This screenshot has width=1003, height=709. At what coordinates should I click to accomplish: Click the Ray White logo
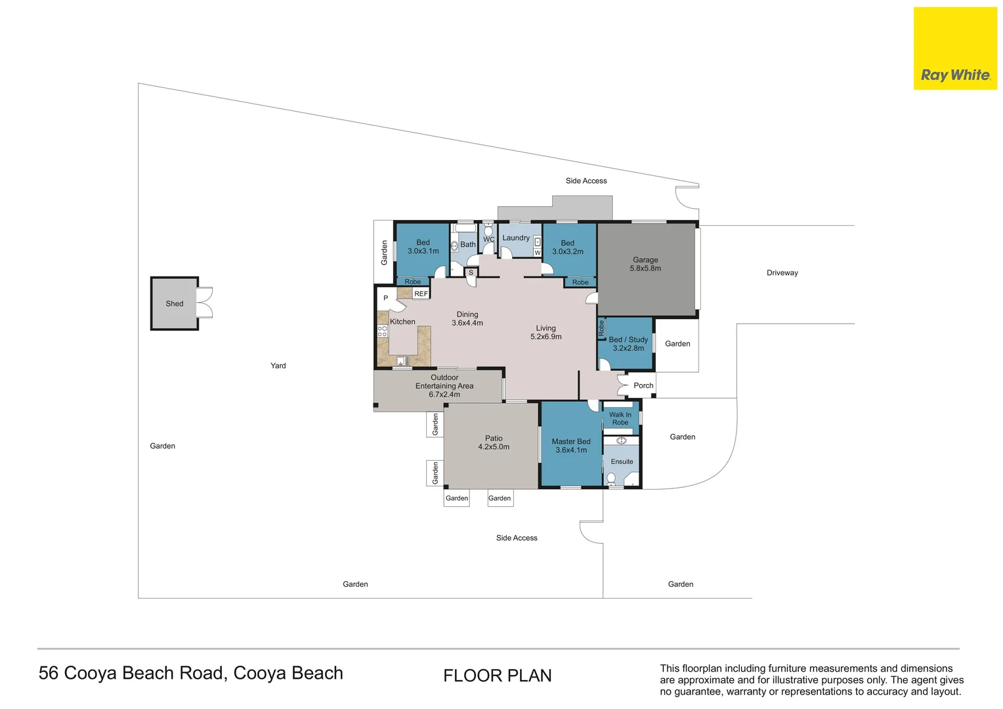(x=955, y=49)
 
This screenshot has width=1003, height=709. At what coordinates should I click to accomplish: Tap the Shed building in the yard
(x=175, y=303)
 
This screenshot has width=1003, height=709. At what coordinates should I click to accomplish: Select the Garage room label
(x=645, y=264)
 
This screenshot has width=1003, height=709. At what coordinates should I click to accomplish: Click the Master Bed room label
(x=571, y=446)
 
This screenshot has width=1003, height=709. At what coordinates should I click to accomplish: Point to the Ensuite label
(x=622, y=462)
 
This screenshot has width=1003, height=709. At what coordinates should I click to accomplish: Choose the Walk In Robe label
(x=620, y=419)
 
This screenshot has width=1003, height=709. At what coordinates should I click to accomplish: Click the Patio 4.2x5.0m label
(x=494, y=442)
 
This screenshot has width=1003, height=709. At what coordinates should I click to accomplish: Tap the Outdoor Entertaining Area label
(x=444, y=386)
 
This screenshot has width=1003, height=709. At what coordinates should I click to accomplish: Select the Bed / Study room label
(x=628, y=344)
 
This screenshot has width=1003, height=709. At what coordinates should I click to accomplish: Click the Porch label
(x=643, y=385)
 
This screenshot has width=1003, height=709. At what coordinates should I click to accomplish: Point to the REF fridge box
(x=421, y=293)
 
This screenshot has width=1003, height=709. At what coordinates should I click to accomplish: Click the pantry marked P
(x=385, y=298)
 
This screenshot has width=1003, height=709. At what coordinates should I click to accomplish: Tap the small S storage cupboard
(x=471, y=272)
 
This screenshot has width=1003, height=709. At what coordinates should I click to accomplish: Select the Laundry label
(x=516, y=238)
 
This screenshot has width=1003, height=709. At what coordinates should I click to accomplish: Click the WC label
(x=488, y=240)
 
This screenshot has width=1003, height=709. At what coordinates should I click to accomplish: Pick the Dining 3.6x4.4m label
(x=467, y=318)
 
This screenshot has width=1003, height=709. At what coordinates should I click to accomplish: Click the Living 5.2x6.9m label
(x=545, y=332)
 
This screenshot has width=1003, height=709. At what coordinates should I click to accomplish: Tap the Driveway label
(x=782, y=272)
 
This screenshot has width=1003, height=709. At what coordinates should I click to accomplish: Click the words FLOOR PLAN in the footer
(x=497, y=676)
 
